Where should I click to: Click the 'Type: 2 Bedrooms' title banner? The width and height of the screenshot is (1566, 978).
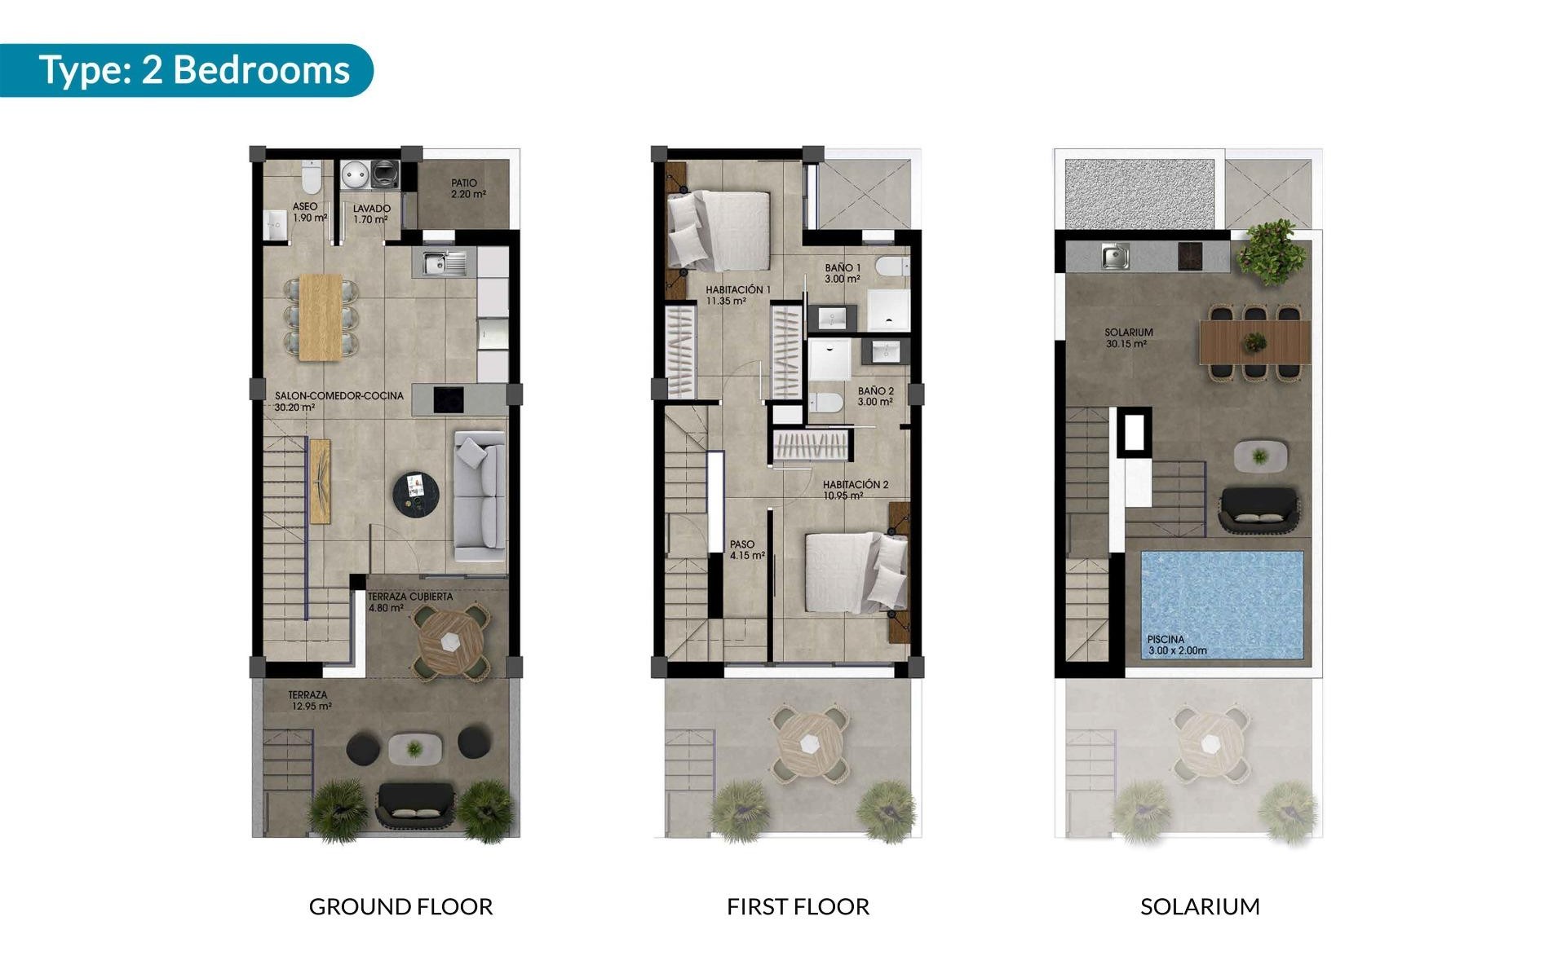[x=194, y=70]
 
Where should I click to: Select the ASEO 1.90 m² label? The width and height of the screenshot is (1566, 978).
[x=309, y=213]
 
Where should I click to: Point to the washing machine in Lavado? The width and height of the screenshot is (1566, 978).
[x=385, y=174]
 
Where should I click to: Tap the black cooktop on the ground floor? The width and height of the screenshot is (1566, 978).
[x=449, y=399]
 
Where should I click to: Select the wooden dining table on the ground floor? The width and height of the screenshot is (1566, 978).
[x=321, y=316]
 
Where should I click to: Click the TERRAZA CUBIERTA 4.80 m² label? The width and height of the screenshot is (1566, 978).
[x=409, y=601]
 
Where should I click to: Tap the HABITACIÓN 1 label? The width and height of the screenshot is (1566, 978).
[x=737, y=295]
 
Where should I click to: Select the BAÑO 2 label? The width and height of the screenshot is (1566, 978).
[x=875, y=396]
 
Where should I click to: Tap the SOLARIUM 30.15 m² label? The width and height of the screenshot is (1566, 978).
[x=1128, y=337]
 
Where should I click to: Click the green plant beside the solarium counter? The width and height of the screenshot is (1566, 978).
[x=1266, y=252]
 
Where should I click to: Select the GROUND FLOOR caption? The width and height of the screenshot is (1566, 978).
[x=400, y=906]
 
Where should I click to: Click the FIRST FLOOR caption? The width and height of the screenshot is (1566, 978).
[x=798, y=906]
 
